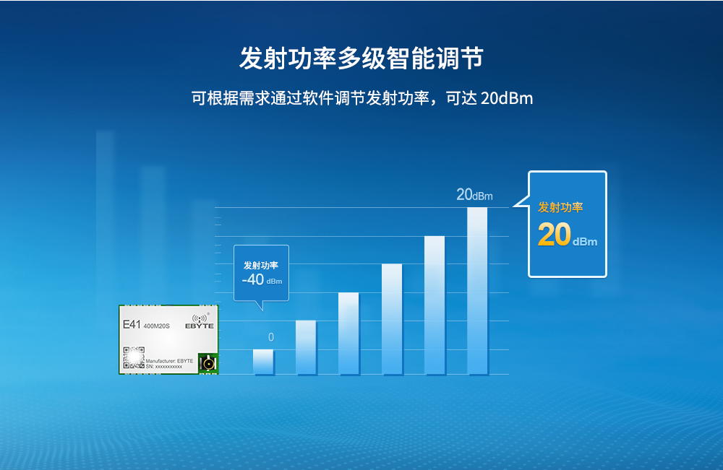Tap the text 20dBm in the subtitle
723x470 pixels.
tap(506, 98)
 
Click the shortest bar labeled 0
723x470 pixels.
tap(263, 362)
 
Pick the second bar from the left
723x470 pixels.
tap(306, 347)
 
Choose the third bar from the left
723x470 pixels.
tap(348, 334)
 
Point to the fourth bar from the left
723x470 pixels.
tap(391, 319)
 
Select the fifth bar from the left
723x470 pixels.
tap(435, 305)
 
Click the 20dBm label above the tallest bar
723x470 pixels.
tap(474, 195)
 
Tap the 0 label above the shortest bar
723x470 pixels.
tap(271, 337)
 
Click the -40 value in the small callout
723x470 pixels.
tap(253, 279)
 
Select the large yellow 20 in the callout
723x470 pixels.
tap(555, 236)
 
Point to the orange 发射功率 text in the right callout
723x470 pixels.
tap(560, 208)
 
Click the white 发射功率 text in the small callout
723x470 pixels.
tap(260, 265)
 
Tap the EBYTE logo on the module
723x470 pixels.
tap(200, 323)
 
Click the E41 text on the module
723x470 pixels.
tap(132, 325)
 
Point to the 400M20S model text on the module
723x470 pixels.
tap(157, 326)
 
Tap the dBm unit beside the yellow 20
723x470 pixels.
tap(585, 242)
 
